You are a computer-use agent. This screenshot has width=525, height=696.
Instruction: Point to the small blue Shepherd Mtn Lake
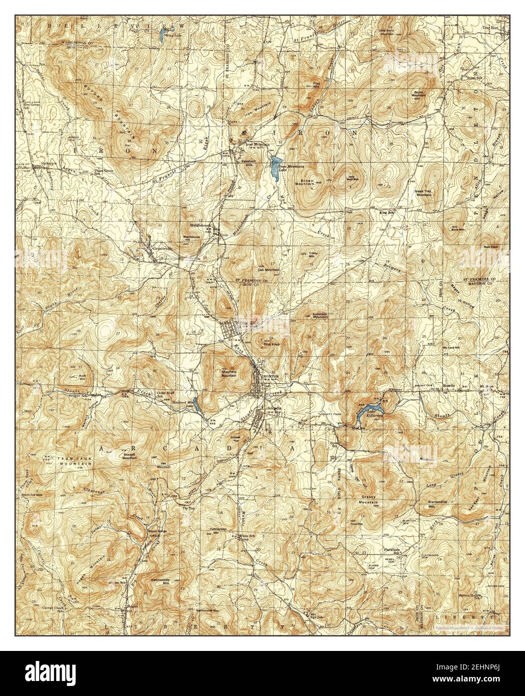pyautogui.click(x=197, y=404)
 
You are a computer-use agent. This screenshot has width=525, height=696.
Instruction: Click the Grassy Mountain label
pyautogui.click(x=369, y=499)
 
